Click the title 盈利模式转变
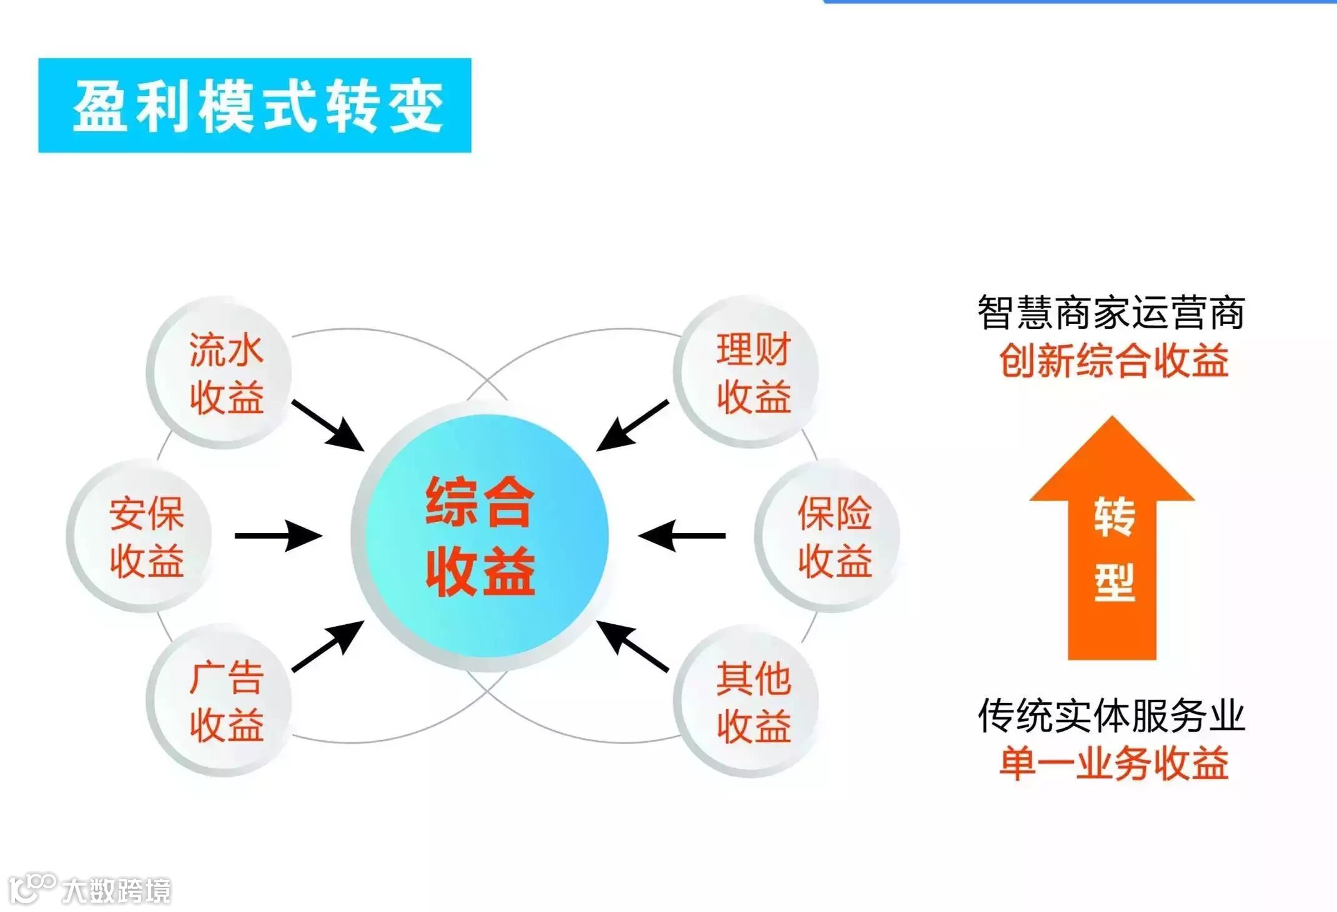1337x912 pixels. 255,105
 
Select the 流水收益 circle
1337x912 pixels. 222,373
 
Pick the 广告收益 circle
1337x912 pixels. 222,702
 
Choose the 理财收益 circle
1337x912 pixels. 749,373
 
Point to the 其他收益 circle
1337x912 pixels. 749,702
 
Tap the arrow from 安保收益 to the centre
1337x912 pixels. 279,536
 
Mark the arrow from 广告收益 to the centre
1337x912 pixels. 328,646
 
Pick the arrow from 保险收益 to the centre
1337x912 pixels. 682,536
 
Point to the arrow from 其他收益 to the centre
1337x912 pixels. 632,646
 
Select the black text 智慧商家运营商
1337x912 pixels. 1111,312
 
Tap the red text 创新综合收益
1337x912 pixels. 1113,361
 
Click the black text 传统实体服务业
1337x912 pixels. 1111,715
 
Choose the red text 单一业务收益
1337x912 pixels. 1113,763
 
